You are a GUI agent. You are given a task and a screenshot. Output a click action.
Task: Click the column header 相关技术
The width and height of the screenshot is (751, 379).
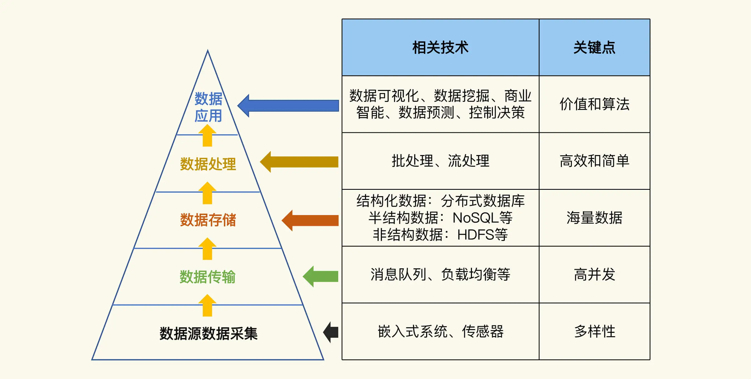click(x=440, y=48)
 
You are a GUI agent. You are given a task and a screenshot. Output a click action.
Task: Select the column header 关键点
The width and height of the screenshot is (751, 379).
click(x=594, y=48)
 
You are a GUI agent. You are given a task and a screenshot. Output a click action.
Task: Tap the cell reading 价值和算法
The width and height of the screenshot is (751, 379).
click(x=594, y=104)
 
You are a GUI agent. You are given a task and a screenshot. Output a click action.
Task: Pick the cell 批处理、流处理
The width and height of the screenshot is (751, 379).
click(x=440, y=161)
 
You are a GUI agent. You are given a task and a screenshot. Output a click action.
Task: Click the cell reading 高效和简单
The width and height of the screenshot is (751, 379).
click(x=594, y=161)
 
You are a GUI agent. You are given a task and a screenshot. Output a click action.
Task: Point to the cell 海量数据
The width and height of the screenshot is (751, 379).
click(x=594, y=218)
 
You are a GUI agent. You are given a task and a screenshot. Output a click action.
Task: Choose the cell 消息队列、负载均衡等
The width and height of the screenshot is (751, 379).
click(x=440, y=275)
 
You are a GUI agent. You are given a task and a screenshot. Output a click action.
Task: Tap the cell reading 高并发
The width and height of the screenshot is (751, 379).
click(x=594, y=275)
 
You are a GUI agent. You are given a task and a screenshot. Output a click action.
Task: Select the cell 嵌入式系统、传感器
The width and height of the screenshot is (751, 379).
click(x=440, y=331)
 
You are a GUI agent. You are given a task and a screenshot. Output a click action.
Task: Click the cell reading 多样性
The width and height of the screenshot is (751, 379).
click(x=594, y=331)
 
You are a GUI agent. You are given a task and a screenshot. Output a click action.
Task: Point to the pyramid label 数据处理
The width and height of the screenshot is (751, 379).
click(x=208, y=164)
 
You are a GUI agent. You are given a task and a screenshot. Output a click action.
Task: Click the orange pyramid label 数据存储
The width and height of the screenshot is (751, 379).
click(x=208, y=220)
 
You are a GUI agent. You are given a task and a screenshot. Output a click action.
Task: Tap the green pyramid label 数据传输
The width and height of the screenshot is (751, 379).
click(x=207, y=277)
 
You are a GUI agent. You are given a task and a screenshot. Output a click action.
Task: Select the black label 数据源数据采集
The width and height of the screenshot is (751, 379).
click(x=208, y=333)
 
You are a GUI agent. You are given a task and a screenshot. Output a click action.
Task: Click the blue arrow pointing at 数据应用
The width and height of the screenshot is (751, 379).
click(x=289, y=106)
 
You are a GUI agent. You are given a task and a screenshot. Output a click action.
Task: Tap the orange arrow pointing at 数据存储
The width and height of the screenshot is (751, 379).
click(x=310, y=220)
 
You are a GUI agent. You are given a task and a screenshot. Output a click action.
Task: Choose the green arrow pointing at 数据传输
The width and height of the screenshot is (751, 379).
click(x=321, y=276)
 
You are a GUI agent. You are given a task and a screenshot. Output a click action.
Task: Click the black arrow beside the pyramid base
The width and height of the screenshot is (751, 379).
click(x=331, y=332)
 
